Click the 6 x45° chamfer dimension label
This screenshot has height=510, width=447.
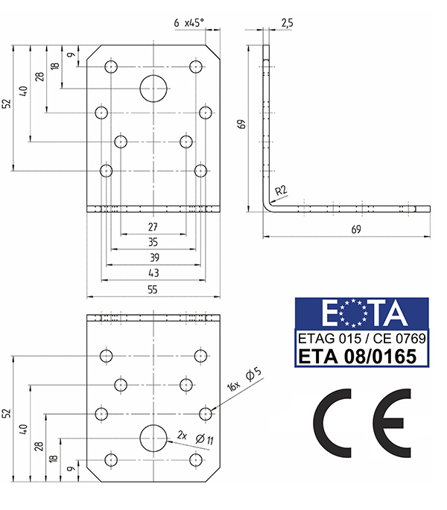188,23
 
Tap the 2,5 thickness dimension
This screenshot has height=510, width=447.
287,23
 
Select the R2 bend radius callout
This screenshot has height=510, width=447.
281,191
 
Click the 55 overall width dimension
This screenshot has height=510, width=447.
153,290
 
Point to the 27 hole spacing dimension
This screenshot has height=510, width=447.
153,226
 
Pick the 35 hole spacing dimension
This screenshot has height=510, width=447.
153,242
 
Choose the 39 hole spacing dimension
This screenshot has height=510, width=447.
154,258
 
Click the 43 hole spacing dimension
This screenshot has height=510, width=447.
153,272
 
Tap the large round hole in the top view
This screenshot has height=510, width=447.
153,89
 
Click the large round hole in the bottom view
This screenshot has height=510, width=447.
153,438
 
